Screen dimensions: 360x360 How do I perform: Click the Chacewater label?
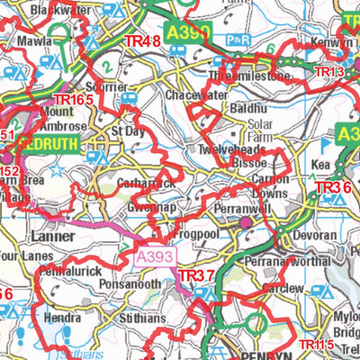194,94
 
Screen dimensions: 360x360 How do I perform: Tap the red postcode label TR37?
197,274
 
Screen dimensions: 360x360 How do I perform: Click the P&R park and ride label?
237,40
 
